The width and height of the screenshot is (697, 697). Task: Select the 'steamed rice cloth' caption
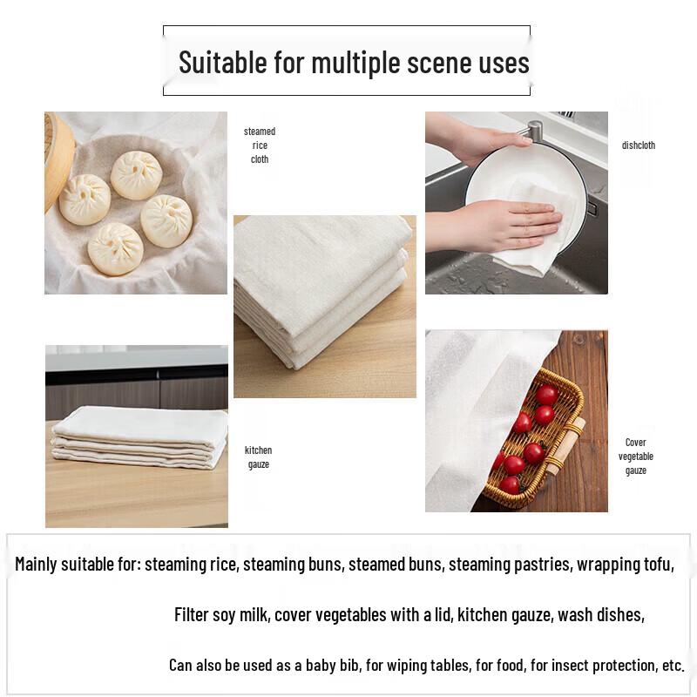coord(260,145)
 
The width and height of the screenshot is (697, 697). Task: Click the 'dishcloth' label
coord(638,145)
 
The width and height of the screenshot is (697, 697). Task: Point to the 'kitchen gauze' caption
coord(258,457)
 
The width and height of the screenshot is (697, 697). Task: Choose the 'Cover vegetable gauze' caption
coord(636,457)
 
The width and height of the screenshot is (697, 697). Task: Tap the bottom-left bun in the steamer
coord(115,248)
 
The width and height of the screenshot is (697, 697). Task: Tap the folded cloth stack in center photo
coord(322,296)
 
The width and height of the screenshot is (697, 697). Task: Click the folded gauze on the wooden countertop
coord(139,436)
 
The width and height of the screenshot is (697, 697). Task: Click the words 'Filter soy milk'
coord(221,615)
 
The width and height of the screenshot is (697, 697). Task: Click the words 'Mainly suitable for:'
coord(78,565)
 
